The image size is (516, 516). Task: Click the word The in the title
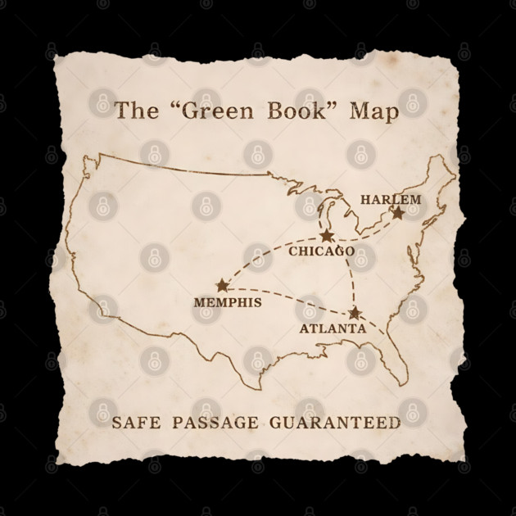pos(133,111)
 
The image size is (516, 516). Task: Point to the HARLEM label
pos(391,199)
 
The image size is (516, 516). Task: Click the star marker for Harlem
pos(397,213)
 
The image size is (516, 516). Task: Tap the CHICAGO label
pos(321,251)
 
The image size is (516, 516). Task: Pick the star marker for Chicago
pos(327,236)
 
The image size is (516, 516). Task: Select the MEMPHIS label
pos(228,302)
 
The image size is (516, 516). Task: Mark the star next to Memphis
pos(222,285)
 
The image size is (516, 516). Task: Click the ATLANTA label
pos(333,328)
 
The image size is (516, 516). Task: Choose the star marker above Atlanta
pos(355,313)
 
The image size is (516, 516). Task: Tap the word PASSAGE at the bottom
pos(212,423)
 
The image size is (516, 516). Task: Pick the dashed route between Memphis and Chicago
pos(262,258)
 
